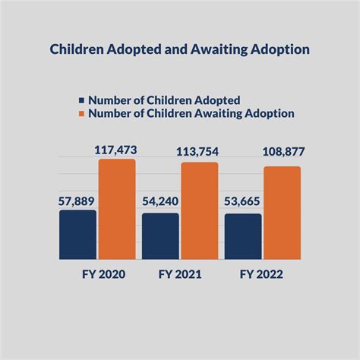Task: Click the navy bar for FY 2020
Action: click(77, 235)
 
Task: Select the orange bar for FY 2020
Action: click(116, 209)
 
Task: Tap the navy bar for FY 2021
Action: click(160, 236)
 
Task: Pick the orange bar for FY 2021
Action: click(199, 210)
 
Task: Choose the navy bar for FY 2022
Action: click(243, 236)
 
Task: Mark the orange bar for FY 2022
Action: click(282, 213)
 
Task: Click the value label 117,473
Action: click(116, 150)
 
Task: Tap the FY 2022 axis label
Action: click(262, 274)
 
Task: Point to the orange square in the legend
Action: click(81, 114)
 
